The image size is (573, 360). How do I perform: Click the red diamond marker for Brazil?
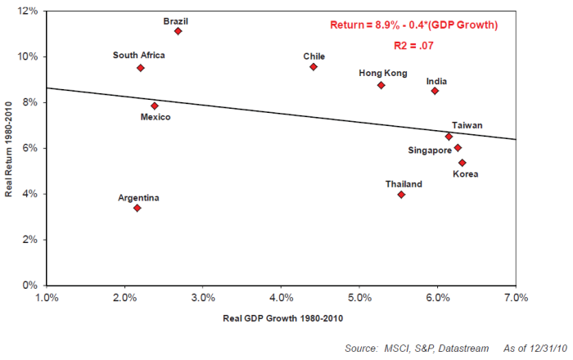pyautogui.click(x=178, y=31)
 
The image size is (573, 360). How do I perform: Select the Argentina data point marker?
pyautogui.click(x=138, y=208)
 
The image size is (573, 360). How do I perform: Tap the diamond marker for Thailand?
pyautogui.click(x=401, y=195)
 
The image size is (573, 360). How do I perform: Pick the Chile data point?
pyautogui.click(x=314, y=67)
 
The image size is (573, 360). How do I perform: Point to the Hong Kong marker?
pyautogui.click(x=381, y=85)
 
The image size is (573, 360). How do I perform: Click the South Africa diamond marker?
pyautogui.click(x=141, y=68)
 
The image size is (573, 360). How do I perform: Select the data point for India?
pyautogui.click(x=435, y=91)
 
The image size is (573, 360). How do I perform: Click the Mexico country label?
pyautogui.click(x=155, y=118)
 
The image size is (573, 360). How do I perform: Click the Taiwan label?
pyautogui.click(x=467, y=125)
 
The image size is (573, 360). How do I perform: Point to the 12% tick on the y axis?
pyautogui.click(x=29, y=11)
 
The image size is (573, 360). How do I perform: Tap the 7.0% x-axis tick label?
pyautogui.click(x=516, y=297)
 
